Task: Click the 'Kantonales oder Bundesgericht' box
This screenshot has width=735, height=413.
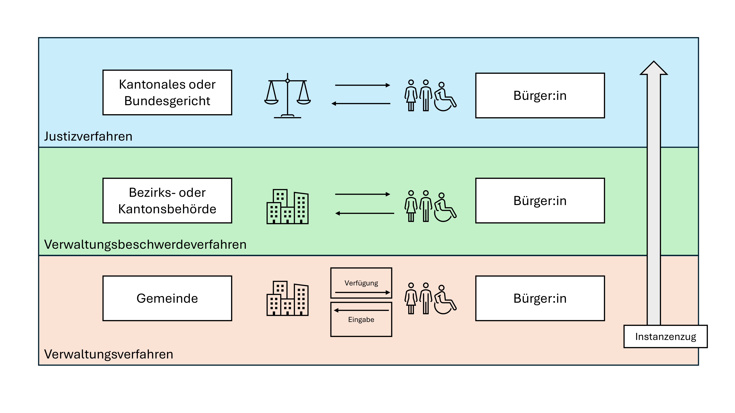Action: [x=167, y=93]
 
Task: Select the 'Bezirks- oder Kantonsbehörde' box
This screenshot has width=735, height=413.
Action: [x=167, y=201]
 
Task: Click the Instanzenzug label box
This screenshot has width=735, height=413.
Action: [x=665, y=337]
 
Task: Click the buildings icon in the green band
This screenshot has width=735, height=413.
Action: [x=287, y=207]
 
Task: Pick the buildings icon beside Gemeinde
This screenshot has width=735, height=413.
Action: [x=287, y=298]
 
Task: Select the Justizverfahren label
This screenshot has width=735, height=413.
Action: [x=88, y=137]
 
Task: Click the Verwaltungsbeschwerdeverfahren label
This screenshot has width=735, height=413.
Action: [x=145, y=244]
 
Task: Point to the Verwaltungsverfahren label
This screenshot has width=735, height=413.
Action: [x=109, y=354]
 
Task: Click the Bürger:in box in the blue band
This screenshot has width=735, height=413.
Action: [x=540, y=95]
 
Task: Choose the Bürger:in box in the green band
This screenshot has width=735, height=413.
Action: [x=540, y=201]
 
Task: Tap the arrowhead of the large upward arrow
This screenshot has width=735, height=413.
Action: [x=654, y=68]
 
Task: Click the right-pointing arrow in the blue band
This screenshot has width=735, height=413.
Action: [x=362, y=85]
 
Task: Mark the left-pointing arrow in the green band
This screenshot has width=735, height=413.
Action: [x=364, y=213]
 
